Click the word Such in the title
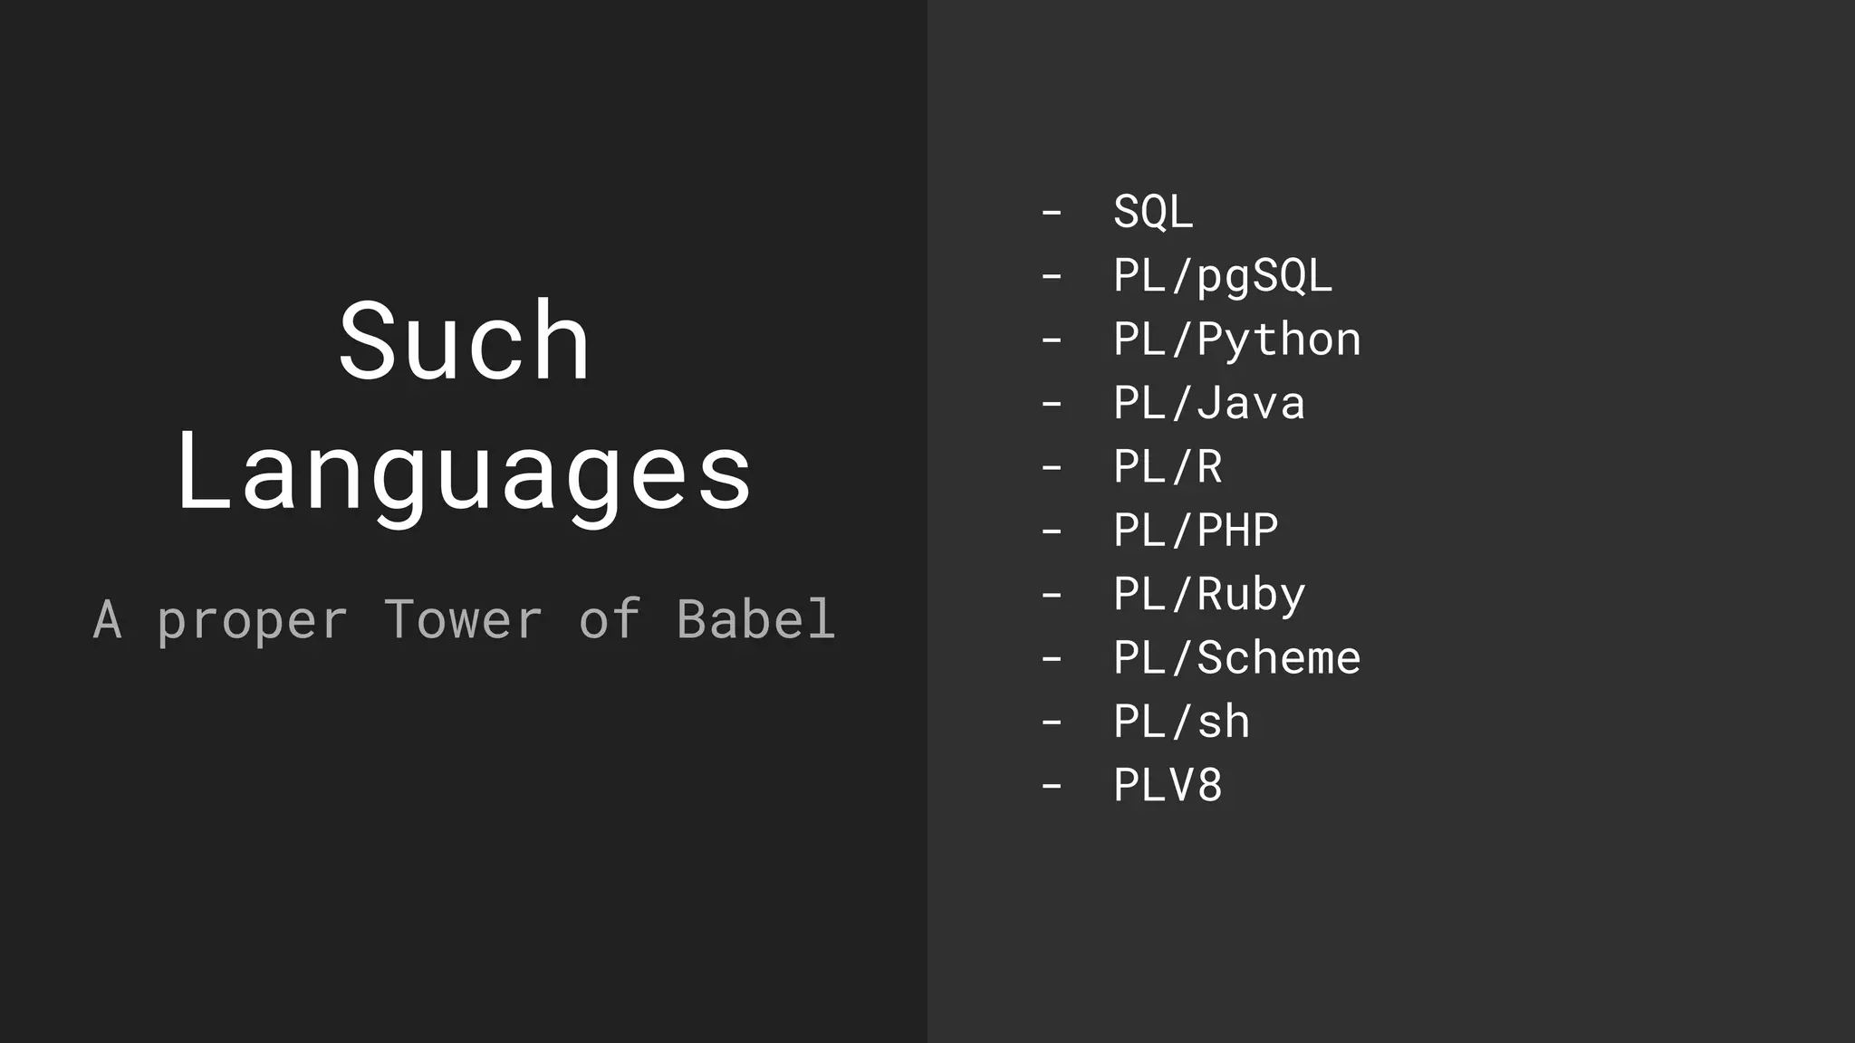464,342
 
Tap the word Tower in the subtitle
463,620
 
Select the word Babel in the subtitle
755,620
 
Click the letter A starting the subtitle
107,620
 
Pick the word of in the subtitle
610,620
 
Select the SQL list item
1153,213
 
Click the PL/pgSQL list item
1223,276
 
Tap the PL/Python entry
1236,340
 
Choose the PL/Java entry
1209,404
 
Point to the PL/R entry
1168,467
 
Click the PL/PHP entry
1196,531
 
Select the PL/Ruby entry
1209,595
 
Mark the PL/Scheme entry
1236,658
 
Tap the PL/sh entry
1181,722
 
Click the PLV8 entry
1168,786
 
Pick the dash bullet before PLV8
1052,786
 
